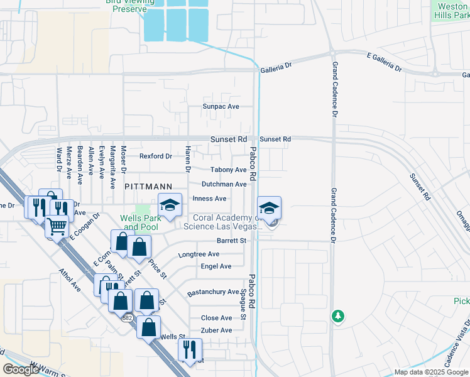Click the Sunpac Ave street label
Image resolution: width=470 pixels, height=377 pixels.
(x=221, y=107)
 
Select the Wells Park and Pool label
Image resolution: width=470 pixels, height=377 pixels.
(x=140, y=222)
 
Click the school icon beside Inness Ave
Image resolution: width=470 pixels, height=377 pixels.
(x=170, y=205)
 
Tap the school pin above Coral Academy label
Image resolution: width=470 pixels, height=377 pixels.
(x=269, y=209)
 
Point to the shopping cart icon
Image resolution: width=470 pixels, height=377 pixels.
(x=57, y=226)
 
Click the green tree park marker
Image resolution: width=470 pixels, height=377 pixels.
(x=338, y=315)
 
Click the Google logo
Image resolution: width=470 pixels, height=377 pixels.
(x=21, y=369)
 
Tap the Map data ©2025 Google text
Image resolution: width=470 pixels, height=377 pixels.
(x=430, y=372)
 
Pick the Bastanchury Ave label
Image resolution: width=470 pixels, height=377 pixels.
(x=213, y=293)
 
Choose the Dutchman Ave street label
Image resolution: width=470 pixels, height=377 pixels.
(x=224, y=184)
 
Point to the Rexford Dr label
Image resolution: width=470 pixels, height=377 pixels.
(x=155, y=156)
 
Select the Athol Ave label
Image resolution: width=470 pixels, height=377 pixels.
(x=70, y=281)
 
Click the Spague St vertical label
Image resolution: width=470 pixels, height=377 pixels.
(x=243, y=305)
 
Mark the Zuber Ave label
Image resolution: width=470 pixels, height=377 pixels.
(x=216, y=331)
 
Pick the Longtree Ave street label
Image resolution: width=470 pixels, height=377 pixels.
(x=199, y=254)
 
